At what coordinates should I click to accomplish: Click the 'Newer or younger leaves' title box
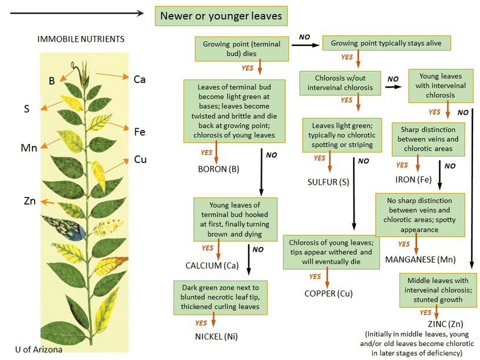click(221, 16)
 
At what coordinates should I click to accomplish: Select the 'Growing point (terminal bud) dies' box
click(242, 49)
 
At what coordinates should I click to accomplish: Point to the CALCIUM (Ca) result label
click(212, 265)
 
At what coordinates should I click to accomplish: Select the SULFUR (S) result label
click(328, 182)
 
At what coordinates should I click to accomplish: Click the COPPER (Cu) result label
click(328, 293)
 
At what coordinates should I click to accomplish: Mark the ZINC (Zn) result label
click(441, 324)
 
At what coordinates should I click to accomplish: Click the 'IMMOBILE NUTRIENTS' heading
click(81, 39)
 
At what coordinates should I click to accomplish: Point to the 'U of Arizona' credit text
click(39, 349)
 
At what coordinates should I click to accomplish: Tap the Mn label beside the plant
click(29, 148)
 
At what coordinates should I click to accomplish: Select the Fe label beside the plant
click(139, 132)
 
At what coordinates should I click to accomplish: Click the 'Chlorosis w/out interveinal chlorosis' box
click(336, 83)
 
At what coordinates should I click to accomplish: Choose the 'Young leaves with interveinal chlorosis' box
click(440, 85)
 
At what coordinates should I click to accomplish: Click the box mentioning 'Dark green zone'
click(220, 297)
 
